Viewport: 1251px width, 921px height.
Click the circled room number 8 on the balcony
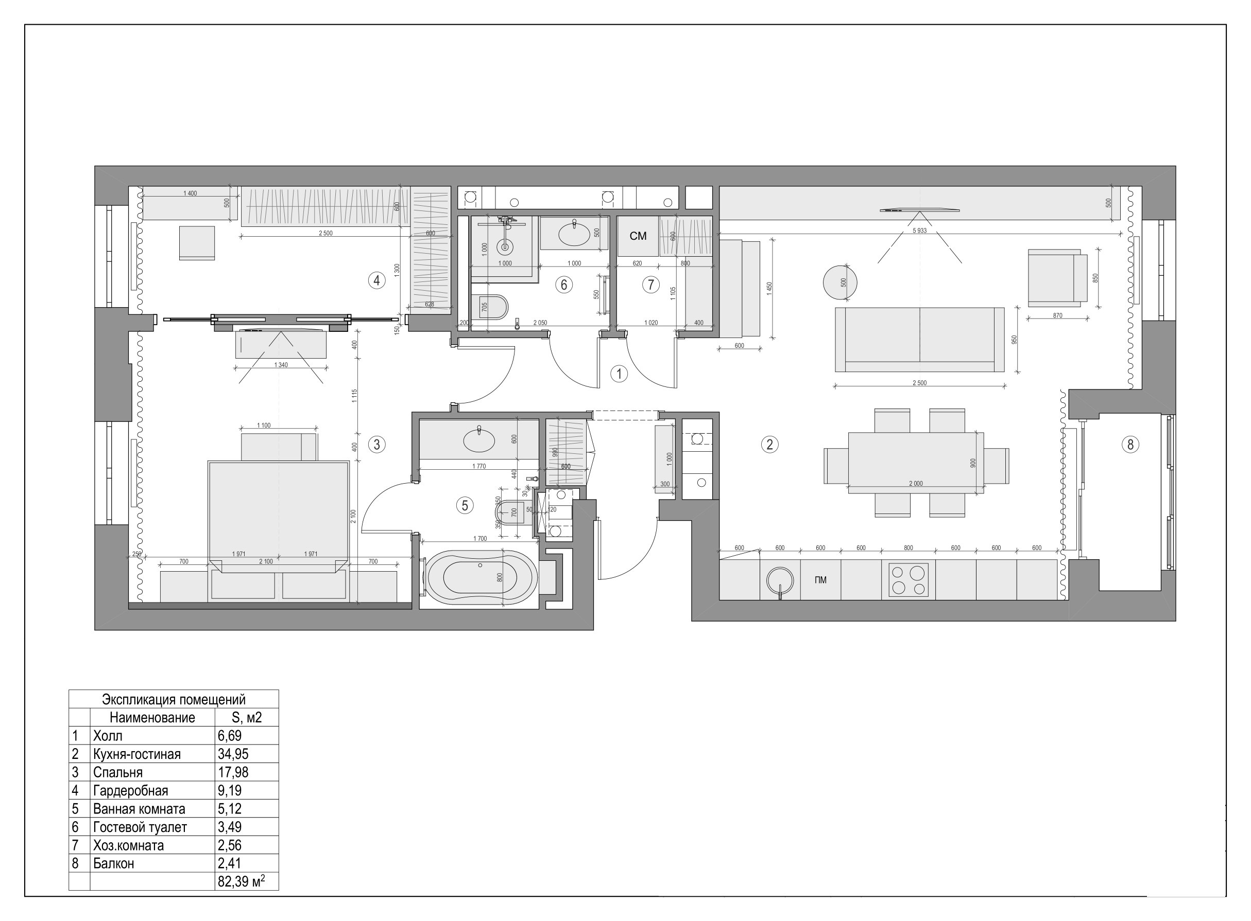point(1130,445)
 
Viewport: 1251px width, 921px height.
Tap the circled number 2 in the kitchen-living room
point(769,445)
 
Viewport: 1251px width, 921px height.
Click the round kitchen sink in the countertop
point(780,580)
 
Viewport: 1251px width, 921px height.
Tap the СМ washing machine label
point(638,236)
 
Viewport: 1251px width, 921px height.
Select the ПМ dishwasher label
point(820,580)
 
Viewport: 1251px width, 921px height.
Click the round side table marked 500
point(840,282)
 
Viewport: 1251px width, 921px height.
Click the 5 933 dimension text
point(919,231)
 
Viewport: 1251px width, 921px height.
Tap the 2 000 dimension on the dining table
point(916,483)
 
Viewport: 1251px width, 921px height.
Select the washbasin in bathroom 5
point(479,440)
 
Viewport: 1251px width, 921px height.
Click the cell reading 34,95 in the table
point(233,754)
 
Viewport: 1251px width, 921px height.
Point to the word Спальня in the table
point(118,772)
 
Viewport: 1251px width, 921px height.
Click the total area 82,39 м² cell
point(241,881)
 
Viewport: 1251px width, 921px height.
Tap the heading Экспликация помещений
point(174,699)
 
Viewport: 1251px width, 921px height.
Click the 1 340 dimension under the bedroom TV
point(281,365)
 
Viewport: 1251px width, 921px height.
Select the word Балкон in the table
point(113,863)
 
